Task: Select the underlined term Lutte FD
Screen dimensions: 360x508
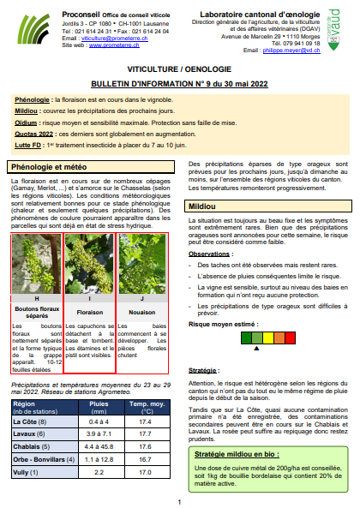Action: click(31, 146)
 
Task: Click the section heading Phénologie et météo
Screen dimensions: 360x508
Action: click(54, 166)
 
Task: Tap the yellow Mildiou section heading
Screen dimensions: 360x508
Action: click(203, 206)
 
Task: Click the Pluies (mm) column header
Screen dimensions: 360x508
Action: click(99, 406)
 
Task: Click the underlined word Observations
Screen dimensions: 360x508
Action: click(210, 254)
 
